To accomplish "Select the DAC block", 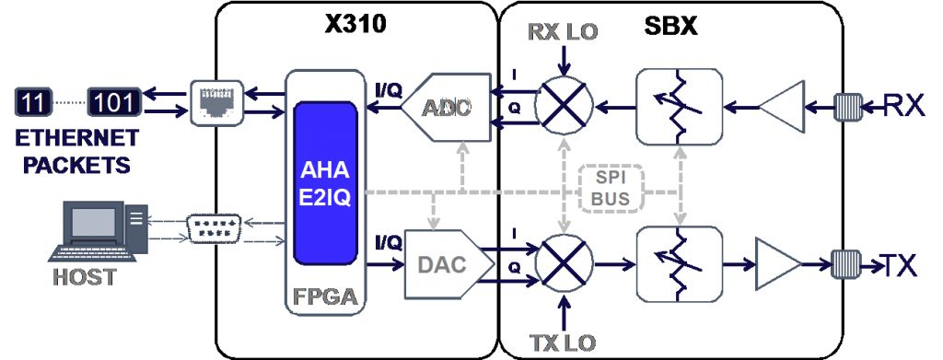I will point(443,265).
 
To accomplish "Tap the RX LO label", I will point(563,31).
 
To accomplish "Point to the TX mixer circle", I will point(564,265).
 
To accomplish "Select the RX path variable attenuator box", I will point(680,107).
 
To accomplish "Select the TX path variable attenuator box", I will point(680,265).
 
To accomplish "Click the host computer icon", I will point(101,230).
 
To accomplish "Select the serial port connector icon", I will point(214,229).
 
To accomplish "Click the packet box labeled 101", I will point(114,102).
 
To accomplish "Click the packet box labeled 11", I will point(34,102).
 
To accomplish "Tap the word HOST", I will point(86,276).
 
